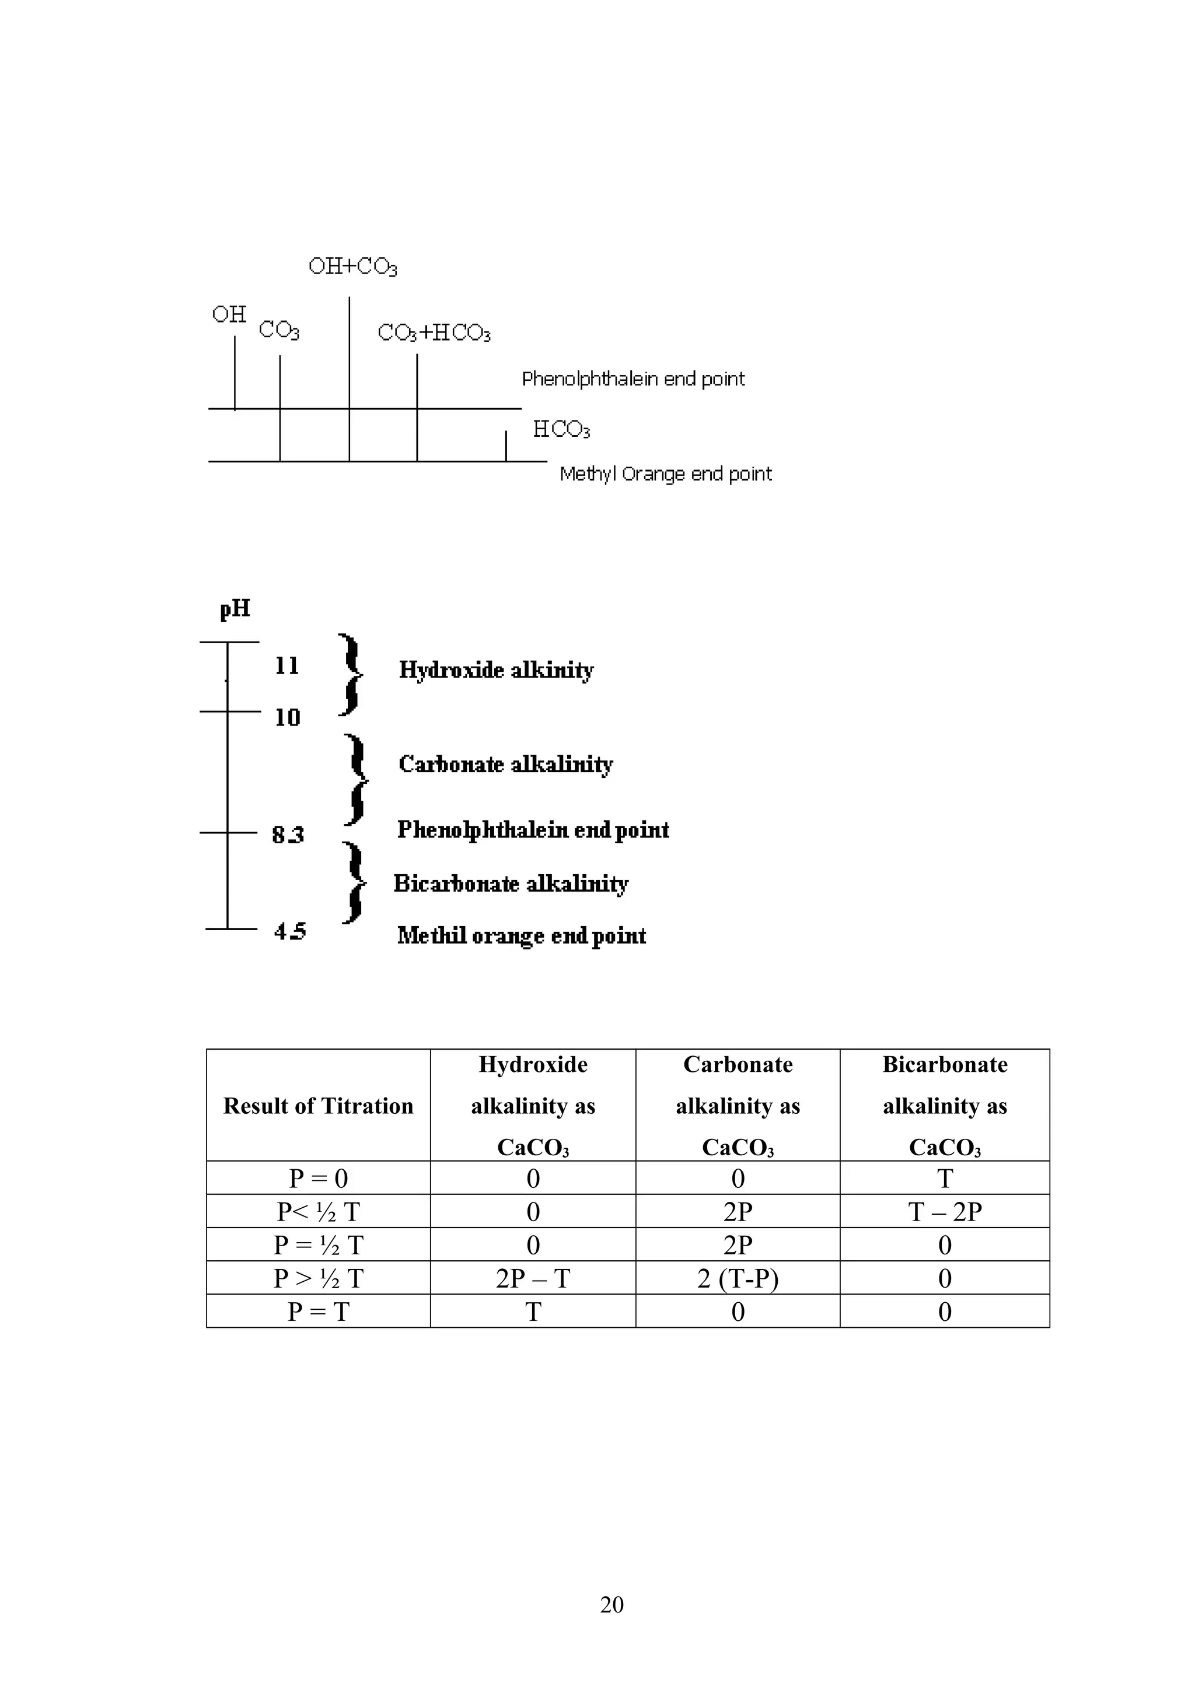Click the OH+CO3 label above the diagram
(x=352, y=266)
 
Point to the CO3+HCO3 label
(x=434, y=333)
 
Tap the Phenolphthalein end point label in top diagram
(x=633, y=379)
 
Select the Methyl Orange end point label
(x=666, y=474)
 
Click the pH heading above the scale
(x=235, y=609)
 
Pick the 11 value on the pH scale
(x=287, y=665)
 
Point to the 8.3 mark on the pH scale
(x=288, y=835)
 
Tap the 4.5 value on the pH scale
(x=290, y=931)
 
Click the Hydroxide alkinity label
(x=496, y=670)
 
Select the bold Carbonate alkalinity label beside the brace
(x=505, y=764)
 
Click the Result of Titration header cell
(x=318, y=1106)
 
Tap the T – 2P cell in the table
(x=945, y=1212)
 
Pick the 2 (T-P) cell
(x=738, y=1278)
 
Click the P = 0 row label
(x=318, y=1179)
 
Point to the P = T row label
(x=318, y=1312)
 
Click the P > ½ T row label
(x=318, y=1278)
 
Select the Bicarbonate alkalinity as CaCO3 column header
(x=945, y=1106)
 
